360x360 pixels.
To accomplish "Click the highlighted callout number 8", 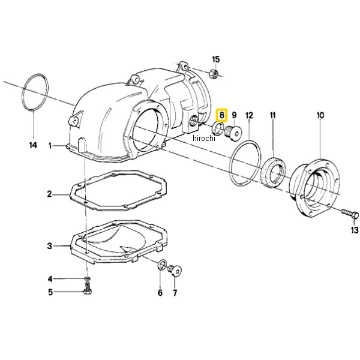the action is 221,115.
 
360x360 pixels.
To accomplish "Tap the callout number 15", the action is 216,59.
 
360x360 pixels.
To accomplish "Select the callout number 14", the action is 33,145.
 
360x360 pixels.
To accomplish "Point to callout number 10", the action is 320,115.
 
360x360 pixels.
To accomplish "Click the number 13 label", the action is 355,230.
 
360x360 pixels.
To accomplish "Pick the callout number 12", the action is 249,115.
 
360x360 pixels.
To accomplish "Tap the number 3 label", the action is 50,246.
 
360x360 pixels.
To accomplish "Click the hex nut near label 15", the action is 213,73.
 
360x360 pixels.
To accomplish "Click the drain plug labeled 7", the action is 175,271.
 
